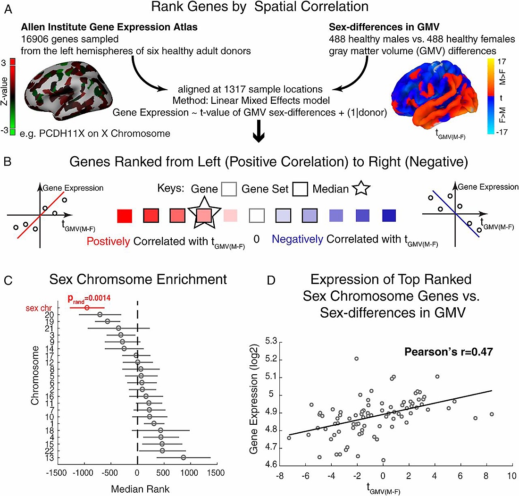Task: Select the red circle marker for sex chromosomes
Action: pyautogui.click(x=87, y=308)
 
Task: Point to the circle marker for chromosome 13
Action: pyautogui.click(x=183, y=457)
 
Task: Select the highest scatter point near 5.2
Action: pyautogui.click(x=357, y=359)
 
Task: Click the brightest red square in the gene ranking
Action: pyautogui.click(x=124, y=215)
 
